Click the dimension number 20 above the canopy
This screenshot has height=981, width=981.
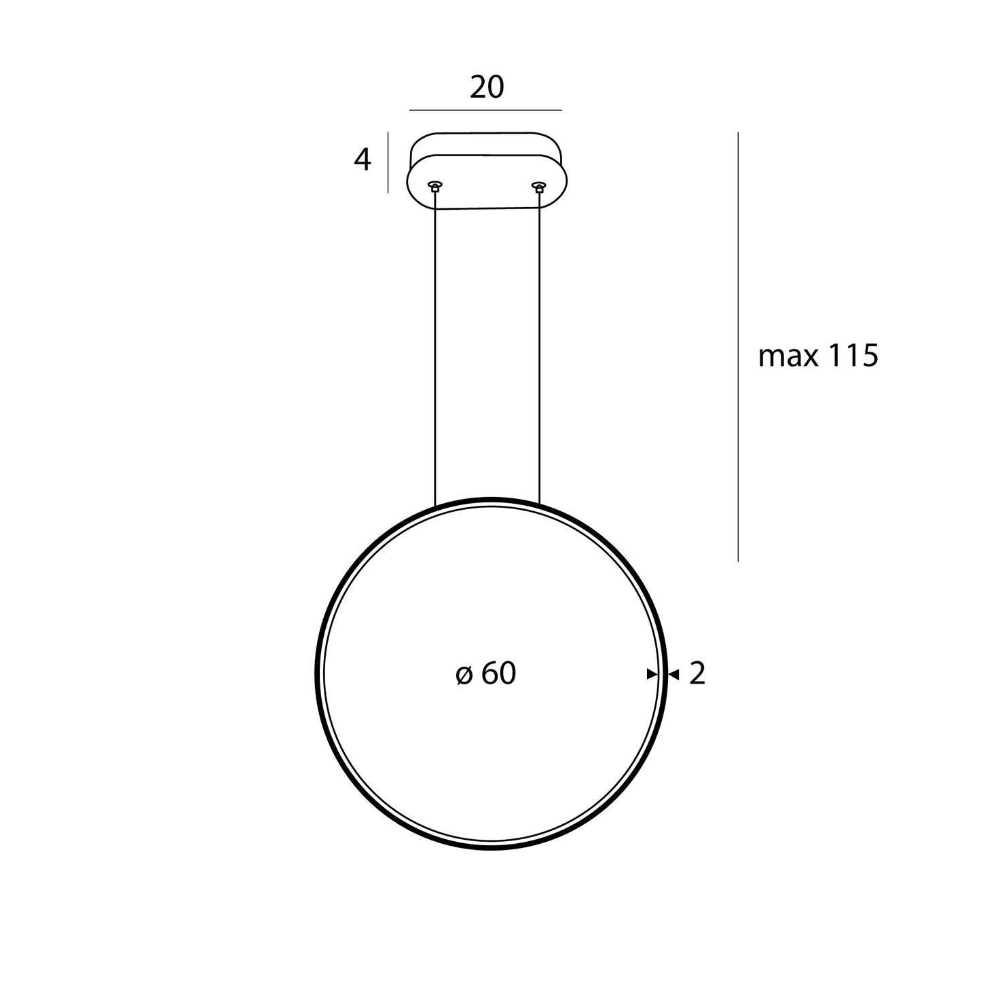click(x=487, y=88)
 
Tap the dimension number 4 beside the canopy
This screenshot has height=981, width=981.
click(x=363, y=160)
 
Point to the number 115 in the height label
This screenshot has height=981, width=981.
click(x=851, y=356)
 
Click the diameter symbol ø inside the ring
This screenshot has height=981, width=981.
click(x=464, y=675)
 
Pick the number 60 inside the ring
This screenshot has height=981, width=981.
click(x=499, y=674)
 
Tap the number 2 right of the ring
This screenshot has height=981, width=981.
click(x=697, y=674)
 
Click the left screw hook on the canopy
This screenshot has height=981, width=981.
click(x=435, y=185)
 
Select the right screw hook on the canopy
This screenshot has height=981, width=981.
click(x=540, y=185)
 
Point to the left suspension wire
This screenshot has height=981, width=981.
click(x=434, y=353)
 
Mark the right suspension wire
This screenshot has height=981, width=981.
click(x=540, y=353)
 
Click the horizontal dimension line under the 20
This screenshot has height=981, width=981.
click(x=485, y=109)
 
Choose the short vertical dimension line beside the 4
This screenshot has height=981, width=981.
click(x=388, y=162)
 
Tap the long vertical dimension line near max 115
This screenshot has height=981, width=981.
click(x=738, y=346)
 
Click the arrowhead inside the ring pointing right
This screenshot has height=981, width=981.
click(x=652, y=674)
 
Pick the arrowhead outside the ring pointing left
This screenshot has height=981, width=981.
click(x=674, y=674)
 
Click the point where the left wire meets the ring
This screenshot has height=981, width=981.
click(x=434, y=506)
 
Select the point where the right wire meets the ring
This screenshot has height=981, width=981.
click(x=540, y=504)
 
